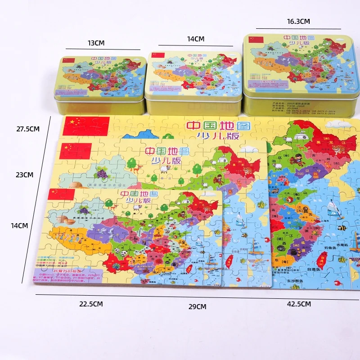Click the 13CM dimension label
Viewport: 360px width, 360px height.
(x=96, y=43)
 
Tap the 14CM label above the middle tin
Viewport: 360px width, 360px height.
(x=196, y=39)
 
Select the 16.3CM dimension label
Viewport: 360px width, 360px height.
(x=298, y=21)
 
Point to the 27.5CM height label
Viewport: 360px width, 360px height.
(x=28, y=129)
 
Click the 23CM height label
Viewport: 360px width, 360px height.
(x=25, y=175)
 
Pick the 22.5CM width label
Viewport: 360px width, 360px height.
(x=91, y=304)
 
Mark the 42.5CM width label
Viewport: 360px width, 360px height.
(x=299, y=304)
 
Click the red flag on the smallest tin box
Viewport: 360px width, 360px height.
(x=69, y=60)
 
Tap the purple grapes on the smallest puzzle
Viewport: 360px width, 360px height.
(x=84, y=210)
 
